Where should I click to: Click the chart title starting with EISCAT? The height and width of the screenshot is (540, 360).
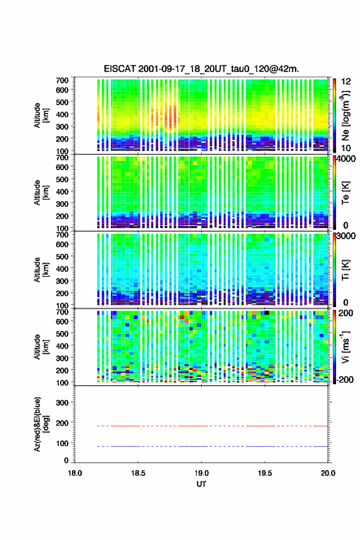(x=201, y=69)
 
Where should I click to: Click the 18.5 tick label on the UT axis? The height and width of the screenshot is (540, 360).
(x=138, y=473)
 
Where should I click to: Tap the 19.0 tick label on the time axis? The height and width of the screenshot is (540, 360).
(x=201, y=473)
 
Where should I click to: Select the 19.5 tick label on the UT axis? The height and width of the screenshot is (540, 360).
(x=265, y=473)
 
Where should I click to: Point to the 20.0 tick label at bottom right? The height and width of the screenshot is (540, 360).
(x=328, y=473)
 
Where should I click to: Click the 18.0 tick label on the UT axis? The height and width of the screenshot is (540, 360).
(x=75, y=473)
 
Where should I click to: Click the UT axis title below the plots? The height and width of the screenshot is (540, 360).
(x=201, y=484)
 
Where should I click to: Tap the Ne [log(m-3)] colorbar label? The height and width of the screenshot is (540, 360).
(x=345, y=115)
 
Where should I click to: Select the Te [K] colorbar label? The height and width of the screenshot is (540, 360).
(x=345, y=193)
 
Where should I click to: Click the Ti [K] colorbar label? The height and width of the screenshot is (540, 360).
(x=345, y=270)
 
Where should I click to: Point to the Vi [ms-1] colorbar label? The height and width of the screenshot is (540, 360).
(x=345, y=347)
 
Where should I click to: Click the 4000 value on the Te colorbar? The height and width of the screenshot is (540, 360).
(x=346, y=159)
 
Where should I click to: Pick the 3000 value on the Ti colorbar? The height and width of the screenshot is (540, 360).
(x=346, y=236)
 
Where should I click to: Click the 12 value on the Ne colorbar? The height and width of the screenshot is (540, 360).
(x=346, y=82)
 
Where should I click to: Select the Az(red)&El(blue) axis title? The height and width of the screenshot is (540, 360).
(x=40, y=424)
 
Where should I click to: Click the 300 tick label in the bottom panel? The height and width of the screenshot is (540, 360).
(x=62, y=403)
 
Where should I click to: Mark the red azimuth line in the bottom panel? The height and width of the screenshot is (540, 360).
(x=212, y=426)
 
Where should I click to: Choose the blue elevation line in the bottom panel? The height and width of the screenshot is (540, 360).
(x=212, y=446)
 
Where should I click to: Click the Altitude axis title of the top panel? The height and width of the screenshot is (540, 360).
(x=40, y=115)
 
